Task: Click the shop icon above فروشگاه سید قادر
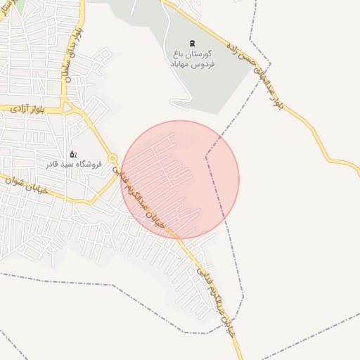72,154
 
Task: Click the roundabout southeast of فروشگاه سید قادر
112,159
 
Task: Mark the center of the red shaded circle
180,179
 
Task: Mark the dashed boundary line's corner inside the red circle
206,156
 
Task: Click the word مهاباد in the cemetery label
181,63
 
